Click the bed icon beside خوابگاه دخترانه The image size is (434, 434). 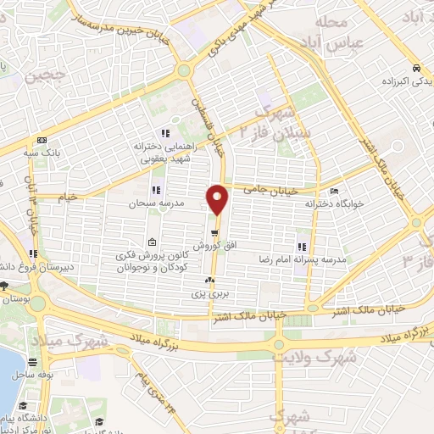[334, 192]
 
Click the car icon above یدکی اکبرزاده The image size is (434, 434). [415, 69]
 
